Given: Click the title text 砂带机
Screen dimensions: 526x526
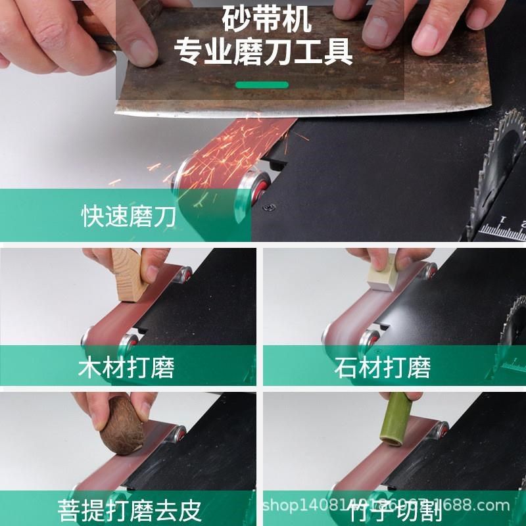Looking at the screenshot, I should click(262, 20).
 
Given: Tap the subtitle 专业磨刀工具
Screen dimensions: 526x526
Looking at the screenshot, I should click(262, 52).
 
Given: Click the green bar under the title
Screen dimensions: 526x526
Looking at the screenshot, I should click(262, 85).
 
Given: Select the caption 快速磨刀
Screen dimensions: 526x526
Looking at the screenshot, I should click(128, 216).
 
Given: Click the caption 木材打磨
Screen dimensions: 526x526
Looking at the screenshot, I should click(126, 368).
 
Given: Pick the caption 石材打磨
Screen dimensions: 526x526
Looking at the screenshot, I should click(381, 368).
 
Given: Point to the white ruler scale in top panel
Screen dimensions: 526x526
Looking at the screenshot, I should click(503, 230).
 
